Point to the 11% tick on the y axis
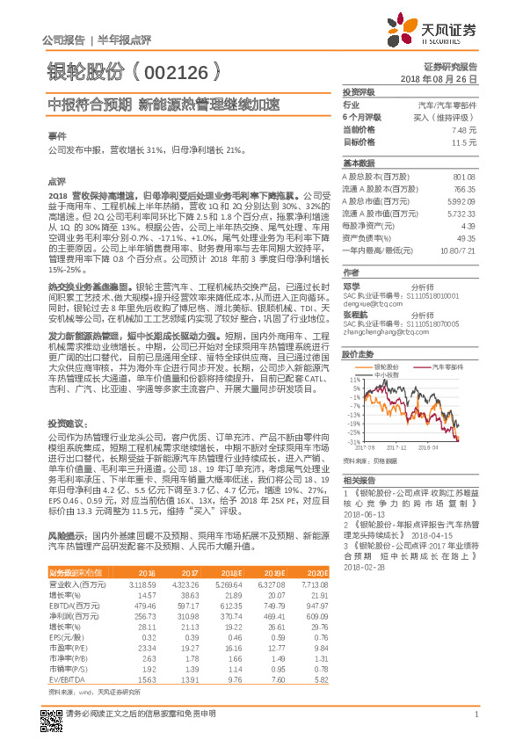click(x=353, y=380)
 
